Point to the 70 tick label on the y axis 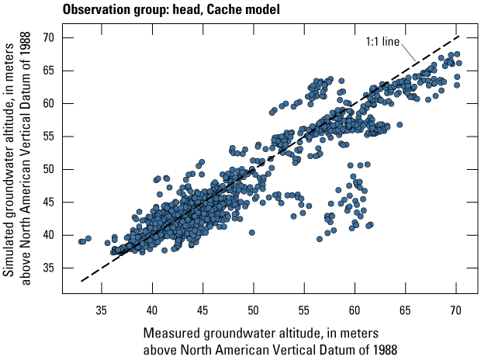point(47,37)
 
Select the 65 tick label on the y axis point(47,71)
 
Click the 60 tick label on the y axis point(47,103)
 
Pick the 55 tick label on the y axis point(47,136)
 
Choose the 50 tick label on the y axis point(47,169)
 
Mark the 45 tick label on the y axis point(47,202)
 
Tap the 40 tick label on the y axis point(47,234)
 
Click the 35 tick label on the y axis point(47,268)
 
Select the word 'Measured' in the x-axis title point(171,333)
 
